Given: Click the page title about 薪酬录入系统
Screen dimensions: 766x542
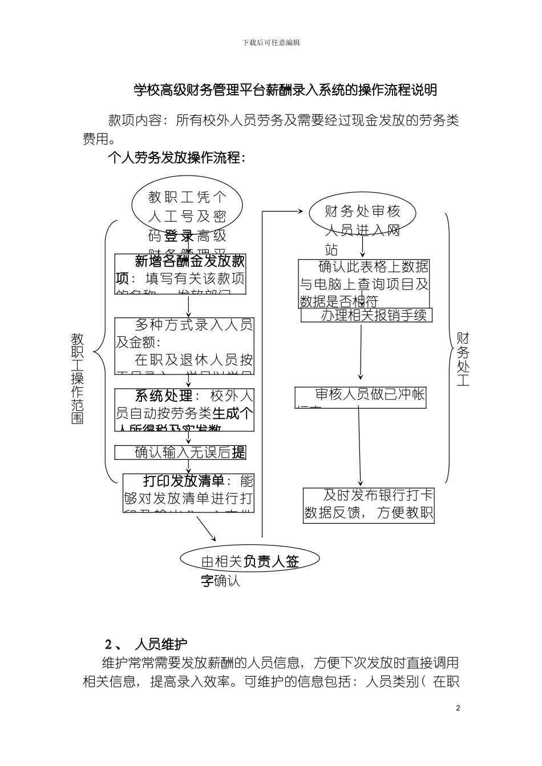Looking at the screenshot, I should (x=285, y=90).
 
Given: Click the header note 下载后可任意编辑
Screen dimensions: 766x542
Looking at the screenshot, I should (x=271, y=43).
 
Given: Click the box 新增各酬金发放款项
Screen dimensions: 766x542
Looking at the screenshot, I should (x=180, y=274).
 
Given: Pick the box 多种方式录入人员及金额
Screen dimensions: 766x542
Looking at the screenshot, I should (x=184, y=347).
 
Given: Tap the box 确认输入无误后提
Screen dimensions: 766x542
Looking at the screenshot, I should (x=180, y=453).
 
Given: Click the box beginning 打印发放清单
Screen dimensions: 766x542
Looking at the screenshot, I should (x=189, y=492).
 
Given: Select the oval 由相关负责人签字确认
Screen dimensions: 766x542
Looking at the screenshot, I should (x=250, y=561).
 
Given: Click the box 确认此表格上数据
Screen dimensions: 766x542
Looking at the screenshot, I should (x=364, y=283).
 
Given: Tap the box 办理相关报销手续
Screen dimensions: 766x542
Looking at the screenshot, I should (x=366, y=315).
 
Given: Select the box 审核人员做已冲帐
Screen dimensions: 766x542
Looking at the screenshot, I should (x=361, y=397).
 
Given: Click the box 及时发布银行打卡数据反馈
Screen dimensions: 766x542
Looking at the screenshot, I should (x=369, y=505).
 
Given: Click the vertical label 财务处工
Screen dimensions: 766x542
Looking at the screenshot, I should (x=463, y=360).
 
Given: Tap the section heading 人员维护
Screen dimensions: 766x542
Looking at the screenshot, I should (x=161, y=645).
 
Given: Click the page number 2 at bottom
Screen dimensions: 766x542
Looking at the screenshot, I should (x=458, y=708).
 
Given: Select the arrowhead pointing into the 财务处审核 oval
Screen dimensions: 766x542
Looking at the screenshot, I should (x=299, y=211).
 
